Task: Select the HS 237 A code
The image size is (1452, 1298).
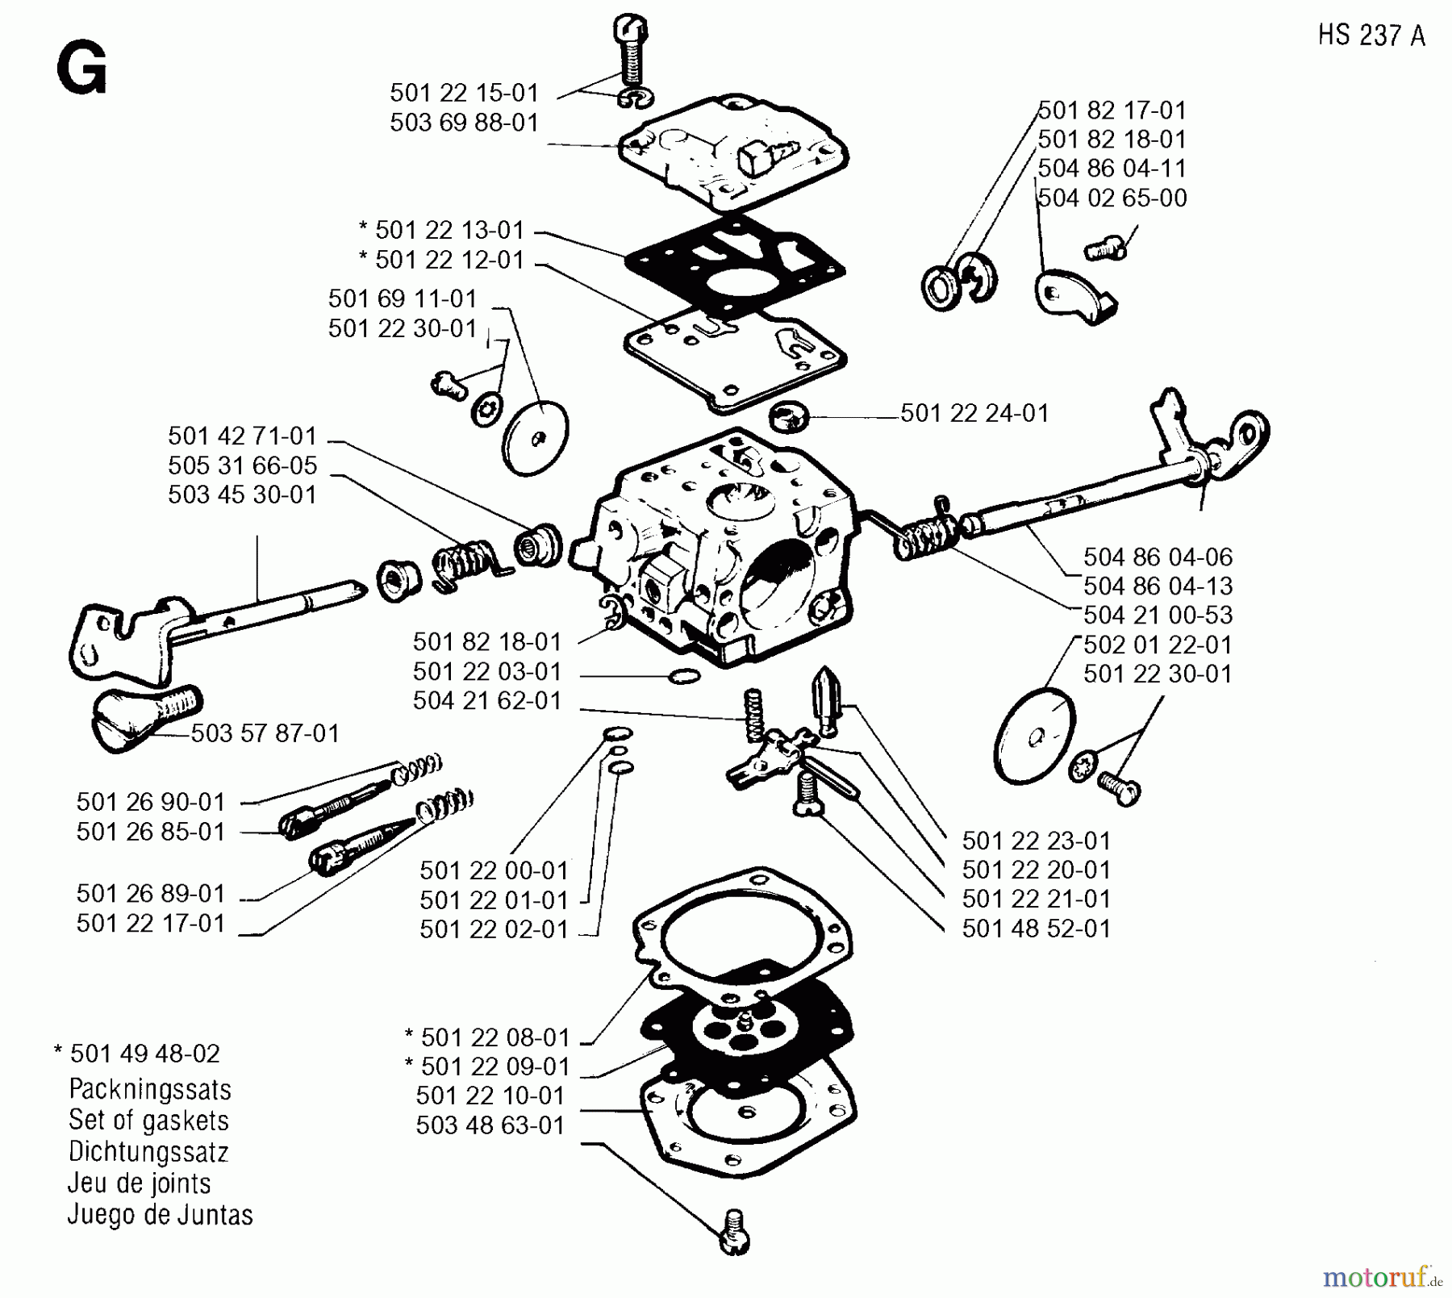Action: [1371, 35]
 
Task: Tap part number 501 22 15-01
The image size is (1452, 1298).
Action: [464, 93]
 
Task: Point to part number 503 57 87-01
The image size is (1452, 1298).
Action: [265, 733]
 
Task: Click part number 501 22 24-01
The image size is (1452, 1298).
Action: [974, 413]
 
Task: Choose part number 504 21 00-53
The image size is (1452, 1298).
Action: [1158, 616]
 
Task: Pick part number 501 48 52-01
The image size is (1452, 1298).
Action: [1037, 929]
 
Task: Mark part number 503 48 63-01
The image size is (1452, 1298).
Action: [490, 1125]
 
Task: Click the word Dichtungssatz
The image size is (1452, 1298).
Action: [148, 1152]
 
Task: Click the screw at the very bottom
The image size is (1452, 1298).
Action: [734, 1232]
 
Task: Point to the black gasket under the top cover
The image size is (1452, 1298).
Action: [734, 262]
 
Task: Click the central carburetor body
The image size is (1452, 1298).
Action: [718, 549]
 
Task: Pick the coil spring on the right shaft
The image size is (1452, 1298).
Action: [924, 536]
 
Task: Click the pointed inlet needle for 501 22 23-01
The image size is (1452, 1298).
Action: [826, 698]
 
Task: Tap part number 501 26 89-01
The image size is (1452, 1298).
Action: [151, 894]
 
